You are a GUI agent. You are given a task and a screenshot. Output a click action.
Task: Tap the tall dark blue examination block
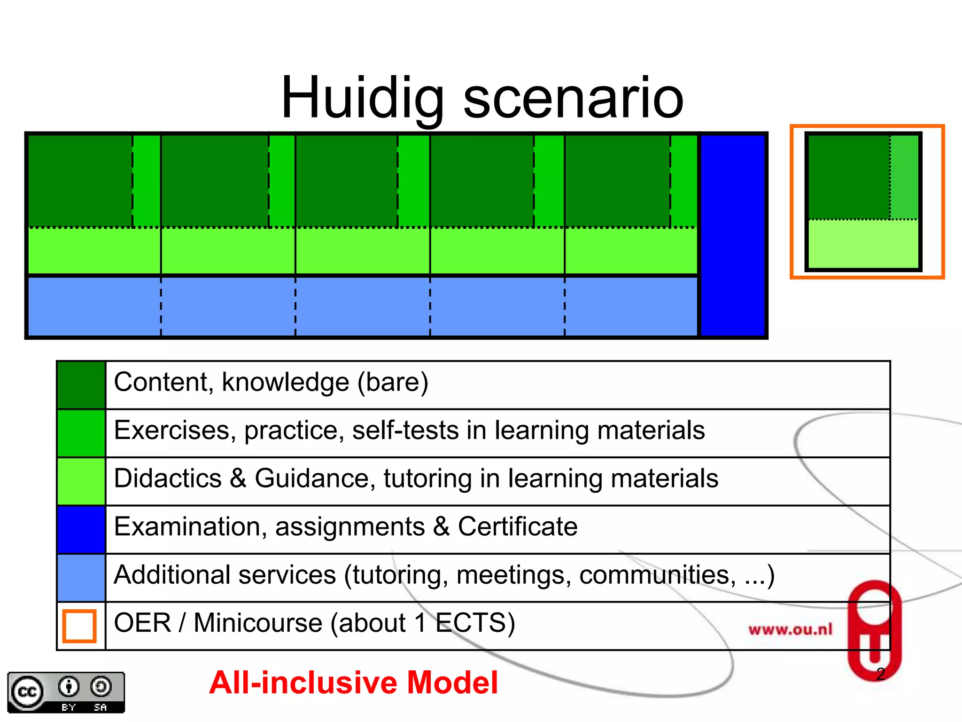pos(733,235)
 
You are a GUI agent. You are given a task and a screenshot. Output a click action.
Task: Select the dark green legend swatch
pos(81,385)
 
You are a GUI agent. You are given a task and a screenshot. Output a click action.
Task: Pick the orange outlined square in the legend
pos(79,626)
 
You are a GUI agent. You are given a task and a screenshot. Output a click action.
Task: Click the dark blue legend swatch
pos(81,529)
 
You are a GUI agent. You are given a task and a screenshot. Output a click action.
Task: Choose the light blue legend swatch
pos(81,578)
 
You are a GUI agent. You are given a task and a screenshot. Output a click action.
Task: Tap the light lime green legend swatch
pos(81,481)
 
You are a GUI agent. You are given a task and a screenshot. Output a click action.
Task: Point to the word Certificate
pos(518,526)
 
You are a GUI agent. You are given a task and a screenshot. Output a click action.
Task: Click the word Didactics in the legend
pos(168,479)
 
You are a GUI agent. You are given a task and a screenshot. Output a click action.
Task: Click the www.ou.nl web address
pos(790,629)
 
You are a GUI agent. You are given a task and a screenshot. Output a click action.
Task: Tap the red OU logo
pos(874,630)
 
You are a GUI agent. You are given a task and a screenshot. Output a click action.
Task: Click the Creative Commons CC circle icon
pos(27,692)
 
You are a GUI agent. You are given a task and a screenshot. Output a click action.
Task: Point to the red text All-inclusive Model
pos(353,683)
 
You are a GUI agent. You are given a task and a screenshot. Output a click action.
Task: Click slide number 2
pos(881,674)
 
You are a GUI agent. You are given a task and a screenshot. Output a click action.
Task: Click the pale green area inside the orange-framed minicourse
pos(863,243)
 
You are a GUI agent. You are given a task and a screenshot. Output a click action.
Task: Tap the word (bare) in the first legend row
pos(393,382)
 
